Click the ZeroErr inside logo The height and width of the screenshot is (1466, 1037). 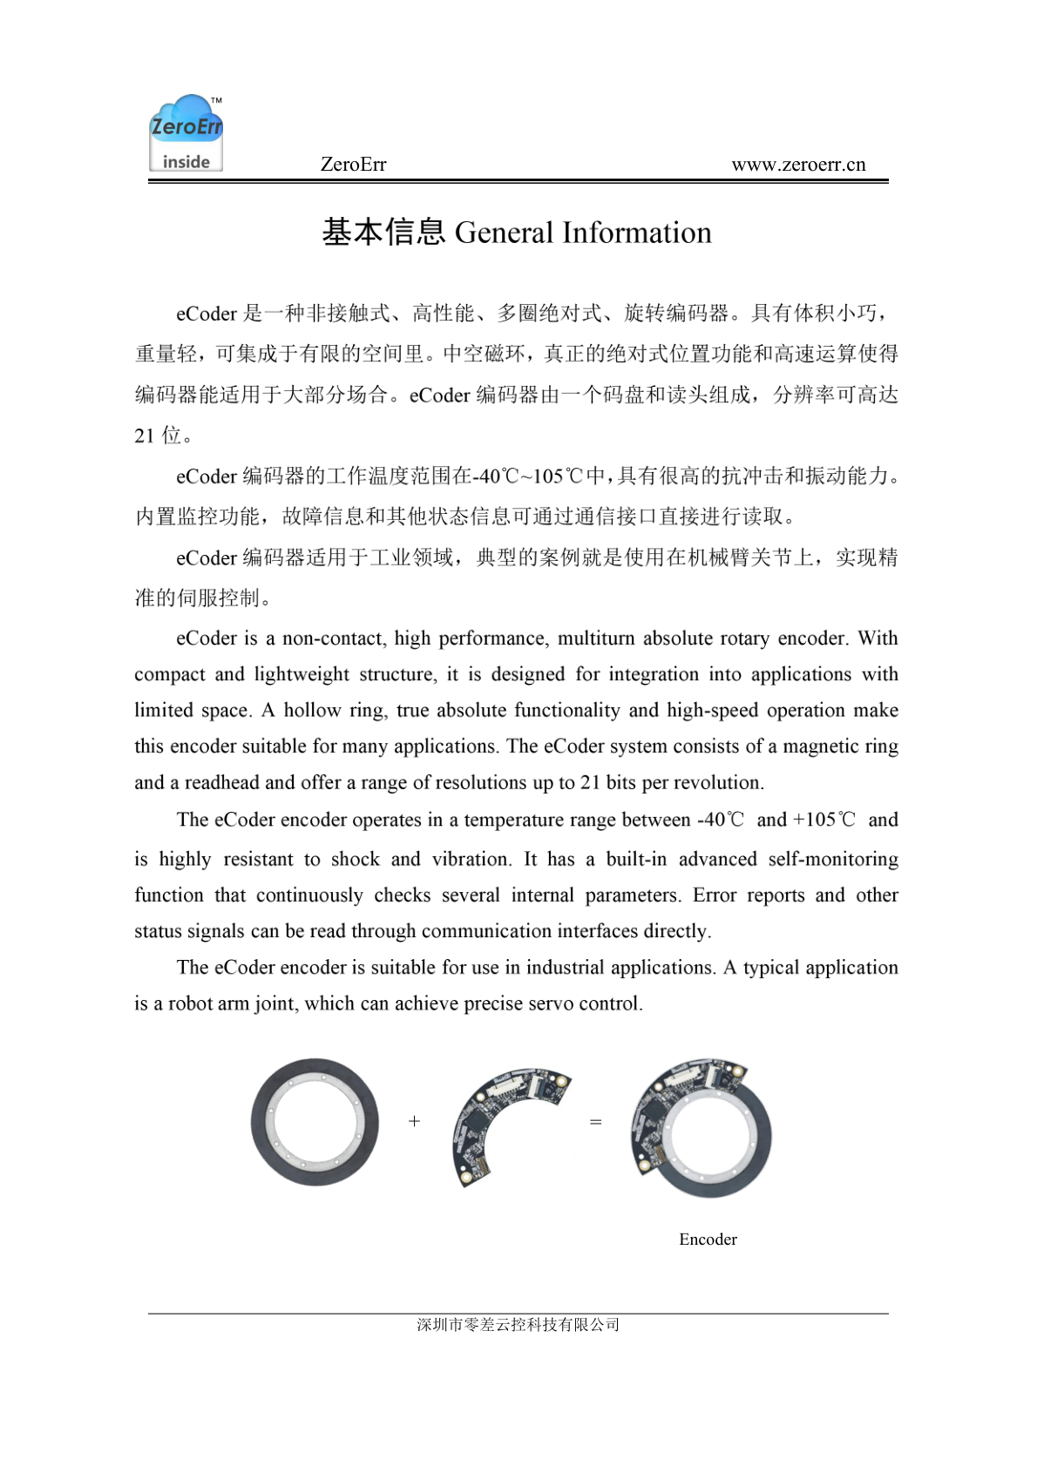click(x=186, y=132)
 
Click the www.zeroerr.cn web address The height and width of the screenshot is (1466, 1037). click(x=798, y=165)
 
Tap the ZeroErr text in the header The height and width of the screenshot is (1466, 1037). click(x=353, y=165)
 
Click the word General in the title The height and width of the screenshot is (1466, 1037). click(x=504, y=233)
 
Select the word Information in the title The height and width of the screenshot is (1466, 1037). click(x=636, y=233)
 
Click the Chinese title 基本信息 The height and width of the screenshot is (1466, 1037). click(x=383, y=232)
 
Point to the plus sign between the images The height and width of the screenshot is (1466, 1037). click(x=414, y=1121)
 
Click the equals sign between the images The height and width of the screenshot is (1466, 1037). click(x=596, y=1122)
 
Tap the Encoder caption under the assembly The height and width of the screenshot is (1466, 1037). click(x=708, y=1240)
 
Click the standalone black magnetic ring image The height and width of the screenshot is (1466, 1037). click(x=315, y=1122)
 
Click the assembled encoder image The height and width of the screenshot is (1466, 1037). click(x=701, y=1128)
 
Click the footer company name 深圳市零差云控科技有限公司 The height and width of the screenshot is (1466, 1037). click(x=518, y=1325)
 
